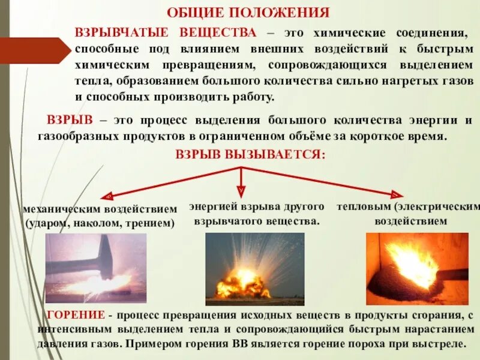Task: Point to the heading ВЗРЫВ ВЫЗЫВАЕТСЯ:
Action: click(x=250, y=154)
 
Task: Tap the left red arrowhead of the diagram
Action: click(x=109, y=196)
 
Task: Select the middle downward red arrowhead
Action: click(x=241, y=191)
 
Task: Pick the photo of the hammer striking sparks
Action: click(x=96, y=268)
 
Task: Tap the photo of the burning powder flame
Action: click(x=417, y=269)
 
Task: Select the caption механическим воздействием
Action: click(x=100, y=209)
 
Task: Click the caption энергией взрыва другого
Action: click(x=257, y=206)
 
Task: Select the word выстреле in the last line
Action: click(x=441, y=346)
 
